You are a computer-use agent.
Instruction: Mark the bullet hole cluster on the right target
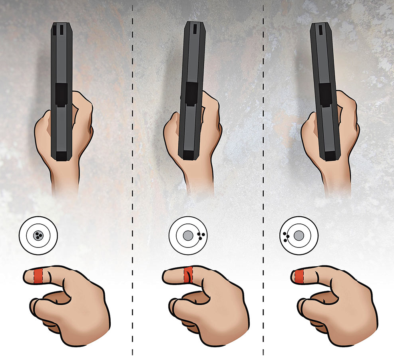coord(286,236)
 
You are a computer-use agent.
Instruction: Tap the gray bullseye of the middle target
coord(188,236)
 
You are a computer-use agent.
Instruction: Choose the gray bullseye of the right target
coord(298,236)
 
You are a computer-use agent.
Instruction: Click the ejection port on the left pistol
coord(61,95)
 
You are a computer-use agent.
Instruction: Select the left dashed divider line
coord(132,180)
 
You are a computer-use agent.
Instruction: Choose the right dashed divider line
coord(263,180)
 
